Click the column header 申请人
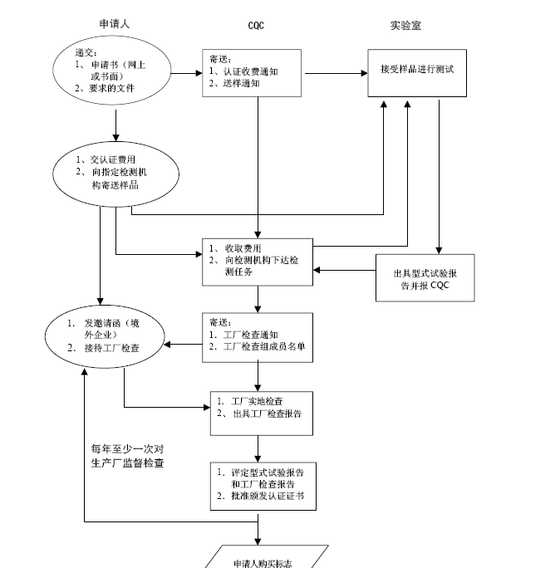click(113, 24)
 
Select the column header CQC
click(257, 26)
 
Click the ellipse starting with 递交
click(112, 72)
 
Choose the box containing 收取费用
click(258, 260)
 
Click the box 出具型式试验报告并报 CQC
click(425, 277)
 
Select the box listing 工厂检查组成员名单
click(258, 337)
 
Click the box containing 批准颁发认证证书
click(260, 485)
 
